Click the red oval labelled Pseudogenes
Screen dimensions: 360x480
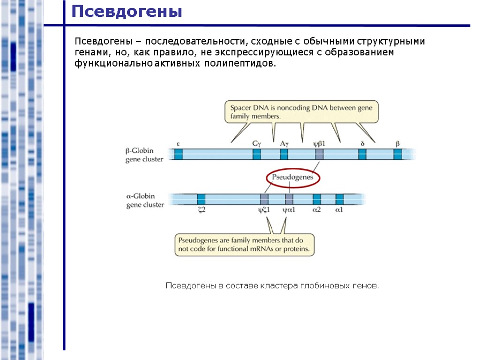[293, 178]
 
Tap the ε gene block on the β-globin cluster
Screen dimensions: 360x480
[178, 154]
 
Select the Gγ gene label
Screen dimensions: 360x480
[256, 144]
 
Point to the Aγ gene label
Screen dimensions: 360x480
[284, 144]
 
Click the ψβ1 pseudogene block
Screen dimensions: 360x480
[319, 154]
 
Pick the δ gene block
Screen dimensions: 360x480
[362, 154]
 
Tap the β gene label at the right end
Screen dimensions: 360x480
[397, 144]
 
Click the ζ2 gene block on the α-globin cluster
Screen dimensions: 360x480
[201, 199]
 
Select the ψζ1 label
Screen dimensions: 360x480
[263, 210]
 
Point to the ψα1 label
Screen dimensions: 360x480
[289, 210]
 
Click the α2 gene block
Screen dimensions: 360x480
[317, 199]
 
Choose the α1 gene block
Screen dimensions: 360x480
[339, 199]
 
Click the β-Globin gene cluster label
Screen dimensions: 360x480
[144, 155]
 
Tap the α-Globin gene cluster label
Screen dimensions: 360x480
[145, 200]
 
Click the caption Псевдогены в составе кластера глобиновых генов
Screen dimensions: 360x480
[272, 285]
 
